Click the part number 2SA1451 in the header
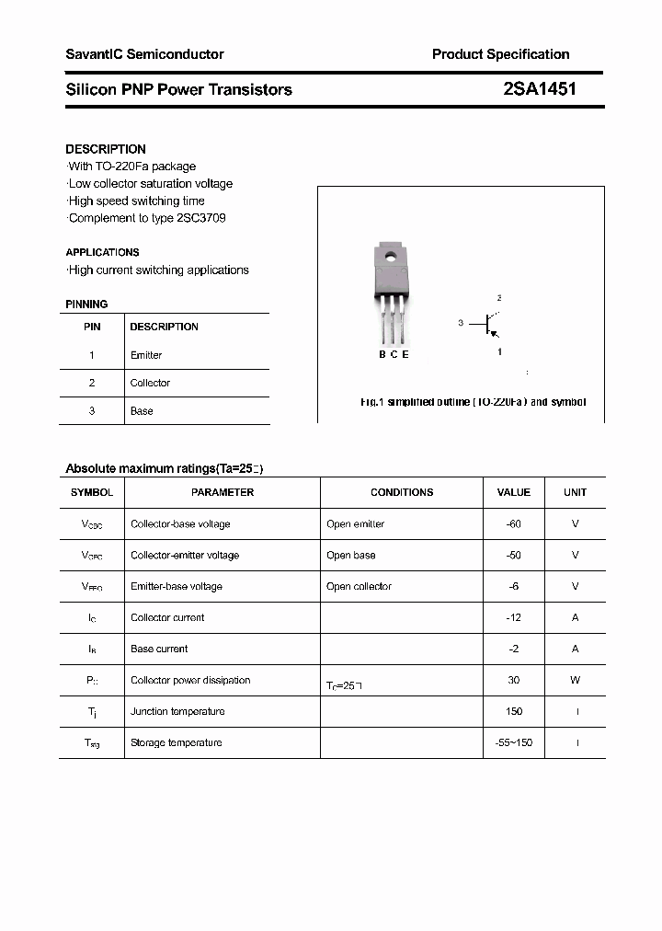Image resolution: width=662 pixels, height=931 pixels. pyautogui.click(x=540, y=89)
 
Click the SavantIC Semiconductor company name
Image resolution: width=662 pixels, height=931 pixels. pyautogui.click(x=144, y=54)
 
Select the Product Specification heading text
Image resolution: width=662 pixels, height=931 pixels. pyautogui.click(x=500, y=54)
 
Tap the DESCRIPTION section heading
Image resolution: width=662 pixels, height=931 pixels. pyautogui.click(x=106, y=149)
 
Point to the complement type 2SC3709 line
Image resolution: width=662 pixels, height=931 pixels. pyautogui.click(x=146, y=218)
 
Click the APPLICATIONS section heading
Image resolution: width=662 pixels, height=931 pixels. pyautogui.click(x=102, y=252)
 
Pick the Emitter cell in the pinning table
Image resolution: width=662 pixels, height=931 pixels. pyautogui.click(x=146, y=355)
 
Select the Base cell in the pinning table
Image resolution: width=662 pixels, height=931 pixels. pyautogui.click(x=142, y=411)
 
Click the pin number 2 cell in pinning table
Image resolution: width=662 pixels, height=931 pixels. pyautogui.click(x=92, y=383)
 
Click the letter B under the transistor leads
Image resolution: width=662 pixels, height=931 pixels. pyautogui.click(x=382, y=355)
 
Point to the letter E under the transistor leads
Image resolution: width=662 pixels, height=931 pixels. pyautogui.click(x=405, y=355)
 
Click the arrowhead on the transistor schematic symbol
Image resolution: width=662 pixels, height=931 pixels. pyautogui.click(x=494, y=336)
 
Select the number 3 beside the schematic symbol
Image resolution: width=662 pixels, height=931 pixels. pyautogui.click(x=461, y=323)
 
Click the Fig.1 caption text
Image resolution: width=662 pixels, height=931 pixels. pyautogui.click(x=473, y=402)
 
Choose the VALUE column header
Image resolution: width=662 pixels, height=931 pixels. pyautogui.click(x=513, y=492)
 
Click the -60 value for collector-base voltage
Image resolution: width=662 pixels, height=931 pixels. pyautogui.click(x=513, y=523)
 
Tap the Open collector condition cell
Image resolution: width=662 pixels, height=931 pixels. pyautogui.click(x=359, y=586)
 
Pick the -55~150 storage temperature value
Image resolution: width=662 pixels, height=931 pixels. pyautogui.click(x=513, y=742)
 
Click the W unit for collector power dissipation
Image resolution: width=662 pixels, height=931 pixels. pyautogui.click(x=575, y=680)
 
